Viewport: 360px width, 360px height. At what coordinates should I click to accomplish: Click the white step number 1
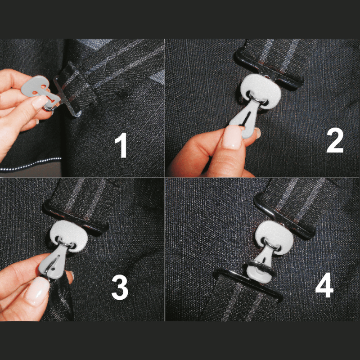(121, 145)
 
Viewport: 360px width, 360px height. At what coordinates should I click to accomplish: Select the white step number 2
(335, 140)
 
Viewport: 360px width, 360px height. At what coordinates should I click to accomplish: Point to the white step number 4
(324, 285)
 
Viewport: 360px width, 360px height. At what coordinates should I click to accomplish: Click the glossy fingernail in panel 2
(232, 137)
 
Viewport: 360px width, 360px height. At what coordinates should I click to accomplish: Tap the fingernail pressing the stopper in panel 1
(40, 102)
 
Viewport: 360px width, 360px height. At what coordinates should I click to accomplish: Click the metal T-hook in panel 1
(67, 94)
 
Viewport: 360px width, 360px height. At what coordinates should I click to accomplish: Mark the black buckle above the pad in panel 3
(76, 218)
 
